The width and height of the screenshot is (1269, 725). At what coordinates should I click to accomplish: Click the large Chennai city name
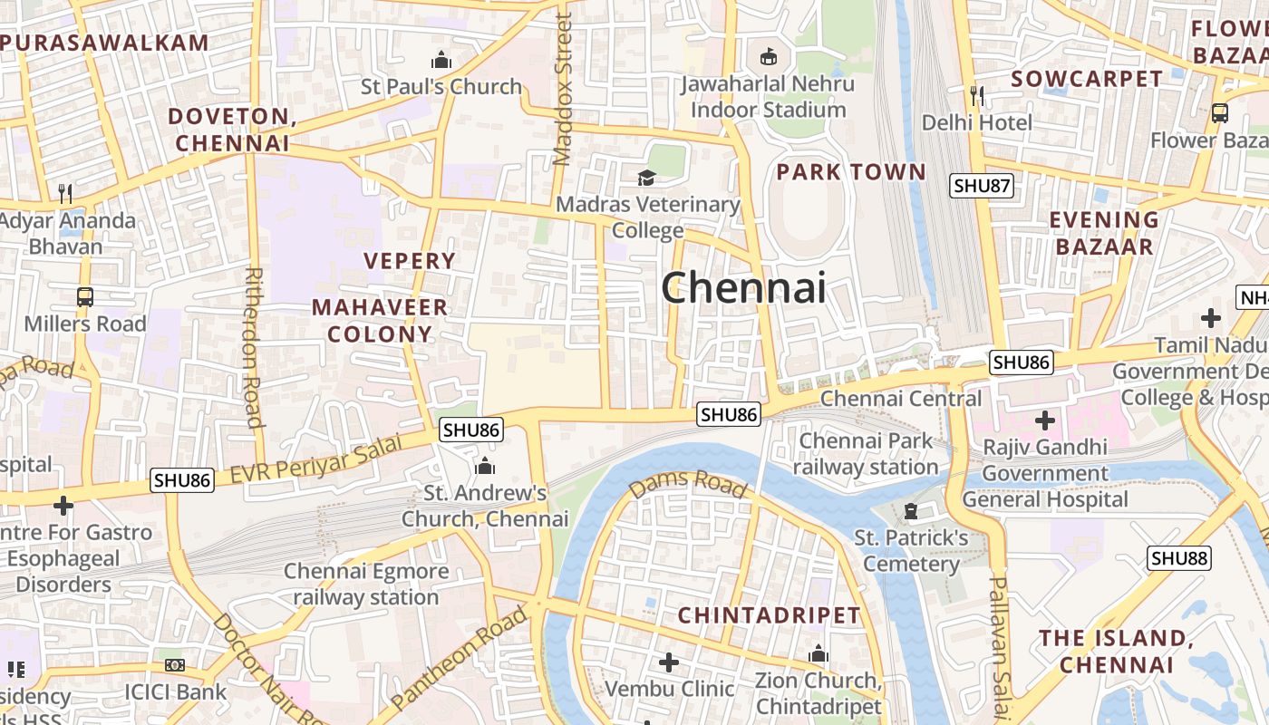tap(743, 288)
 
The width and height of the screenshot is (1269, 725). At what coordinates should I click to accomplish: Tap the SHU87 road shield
tap(982, 186)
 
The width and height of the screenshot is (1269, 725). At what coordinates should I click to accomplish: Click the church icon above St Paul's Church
tap(441, 61)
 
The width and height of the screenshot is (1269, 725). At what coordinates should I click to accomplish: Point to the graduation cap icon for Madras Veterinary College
tap(646, 178)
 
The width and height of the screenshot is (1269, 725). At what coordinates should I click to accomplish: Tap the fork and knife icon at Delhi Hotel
tap(976, 94)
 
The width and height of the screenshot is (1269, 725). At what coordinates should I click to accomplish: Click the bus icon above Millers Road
tap(84, 296)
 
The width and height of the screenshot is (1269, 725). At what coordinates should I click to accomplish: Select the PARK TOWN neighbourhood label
tap(851, 172)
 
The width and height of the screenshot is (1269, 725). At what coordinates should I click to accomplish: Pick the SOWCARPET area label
tap(1086, 79)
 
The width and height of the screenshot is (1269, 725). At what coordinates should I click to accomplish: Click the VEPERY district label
tap(410, 261)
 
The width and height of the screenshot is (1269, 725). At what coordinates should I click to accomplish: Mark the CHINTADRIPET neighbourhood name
tap(769, 615)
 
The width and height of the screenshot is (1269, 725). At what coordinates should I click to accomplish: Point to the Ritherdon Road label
tap(253, 346)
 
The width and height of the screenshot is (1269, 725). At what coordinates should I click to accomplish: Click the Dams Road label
tap(688, 486)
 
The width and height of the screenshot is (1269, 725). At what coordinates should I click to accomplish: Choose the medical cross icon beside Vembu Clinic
tap(669, 662)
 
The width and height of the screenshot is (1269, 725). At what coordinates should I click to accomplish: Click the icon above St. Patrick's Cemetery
tap(911, 512)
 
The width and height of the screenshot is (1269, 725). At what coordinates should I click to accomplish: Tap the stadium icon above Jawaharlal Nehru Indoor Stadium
tap(769, 57)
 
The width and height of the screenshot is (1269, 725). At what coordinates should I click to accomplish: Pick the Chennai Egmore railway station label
tap(366, 585)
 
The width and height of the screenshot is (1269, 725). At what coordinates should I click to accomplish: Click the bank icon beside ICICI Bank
tap(175, 665)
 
